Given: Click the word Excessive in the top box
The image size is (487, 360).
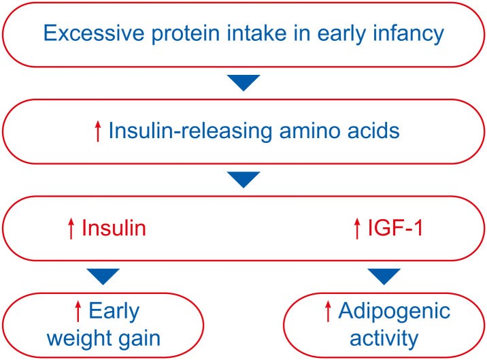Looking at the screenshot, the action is coord(94,33).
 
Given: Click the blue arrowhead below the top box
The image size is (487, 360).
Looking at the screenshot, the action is coord(244,83).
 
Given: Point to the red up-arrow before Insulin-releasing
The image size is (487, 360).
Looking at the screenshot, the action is coord(98,131).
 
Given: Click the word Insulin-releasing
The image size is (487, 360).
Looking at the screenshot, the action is coord(190,131).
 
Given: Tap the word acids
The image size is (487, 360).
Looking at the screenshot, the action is coord(373,131).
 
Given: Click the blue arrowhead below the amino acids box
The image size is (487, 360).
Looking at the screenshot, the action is coord(244,180).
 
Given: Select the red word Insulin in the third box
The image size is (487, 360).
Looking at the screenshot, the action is coord(114,228).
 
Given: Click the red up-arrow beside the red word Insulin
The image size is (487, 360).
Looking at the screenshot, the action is coord(71,229).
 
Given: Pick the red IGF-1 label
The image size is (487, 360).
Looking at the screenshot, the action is coord(395,228).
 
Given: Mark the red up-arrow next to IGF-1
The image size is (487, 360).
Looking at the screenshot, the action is coord(357,229).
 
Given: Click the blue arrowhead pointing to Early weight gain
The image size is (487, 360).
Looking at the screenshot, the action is coord(103,276).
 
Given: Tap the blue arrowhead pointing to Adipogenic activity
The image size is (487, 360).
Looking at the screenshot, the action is coord(384,276).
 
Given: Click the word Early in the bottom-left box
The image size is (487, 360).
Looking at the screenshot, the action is coord(114,312).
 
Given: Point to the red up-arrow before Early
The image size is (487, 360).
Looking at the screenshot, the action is coord(78,311).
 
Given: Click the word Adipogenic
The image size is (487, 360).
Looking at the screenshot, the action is coord(394,312).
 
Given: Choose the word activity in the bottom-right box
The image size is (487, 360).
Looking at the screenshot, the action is coord(384,339).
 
